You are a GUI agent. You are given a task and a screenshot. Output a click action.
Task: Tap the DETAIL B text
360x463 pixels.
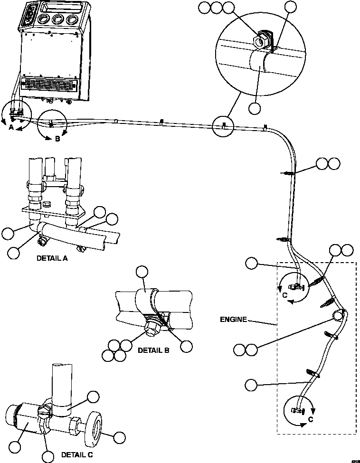[153, 350]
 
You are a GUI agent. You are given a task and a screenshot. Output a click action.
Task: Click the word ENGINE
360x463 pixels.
[233, 320]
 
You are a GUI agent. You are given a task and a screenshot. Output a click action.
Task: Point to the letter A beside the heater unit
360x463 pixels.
[11, 127]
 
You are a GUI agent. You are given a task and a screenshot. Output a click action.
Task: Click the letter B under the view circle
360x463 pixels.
[57, 140]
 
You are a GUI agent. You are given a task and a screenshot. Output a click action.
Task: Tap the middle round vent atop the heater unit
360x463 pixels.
[58, 20]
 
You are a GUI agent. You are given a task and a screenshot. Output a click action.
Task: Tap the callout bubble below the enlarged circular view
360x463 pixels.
[255, 108]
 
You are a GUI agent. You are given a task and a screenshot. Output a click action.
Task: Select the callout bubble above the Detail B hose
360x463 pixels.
[142, 272]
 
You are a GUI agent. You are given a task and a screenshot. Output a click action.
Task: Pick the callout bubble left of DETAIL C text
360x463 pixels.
[47, 457]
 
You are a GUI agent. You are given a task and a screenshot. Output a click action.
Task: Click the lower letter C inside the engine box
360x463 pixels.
[310, 419]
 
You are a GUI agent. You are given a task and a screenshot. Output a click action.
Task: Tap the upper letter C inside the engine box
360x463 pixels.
[285, 294]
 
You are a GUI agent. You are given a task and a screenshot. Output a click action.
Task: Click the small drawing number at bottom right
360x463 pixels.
[354, 460]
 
